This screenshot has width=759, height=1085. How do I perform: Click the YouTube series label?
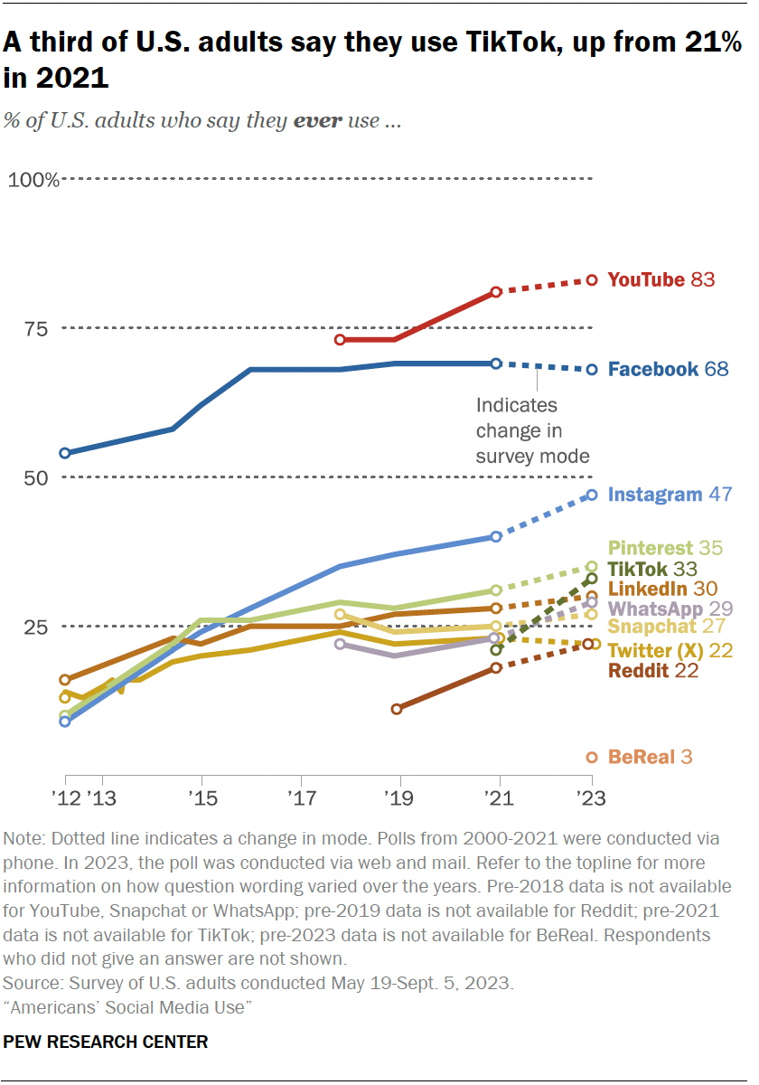click(x=646, y=280)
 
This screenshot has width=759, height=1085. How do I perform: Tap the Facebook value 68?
click(x=716, y=369)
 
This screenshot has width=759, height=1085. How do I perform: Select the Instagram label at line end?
click(x=655, y=495)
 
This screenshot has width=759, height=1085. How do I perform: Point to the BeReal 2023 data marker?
click(x=592, y=757)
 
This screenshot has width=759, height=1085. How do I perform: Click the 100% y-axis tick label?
click(x=33, y=179)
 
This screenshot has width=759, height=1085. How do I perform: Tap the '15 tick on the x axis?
click(x=201, y=798)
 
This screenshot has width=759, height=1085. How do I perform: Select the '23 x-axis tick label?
click(x=591, y=798)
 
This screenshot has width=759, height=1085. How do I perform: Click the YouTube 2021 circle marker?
click(x=496, y=292)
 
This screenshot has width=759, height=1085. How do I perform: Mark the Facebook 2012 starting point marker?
click(x=65, y=453)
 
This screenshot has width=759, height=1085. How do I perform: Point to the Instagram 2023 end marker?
click(x=592, y=495)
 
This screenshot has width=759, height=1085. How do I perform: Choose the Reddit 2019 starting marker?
click(x=397, y=709)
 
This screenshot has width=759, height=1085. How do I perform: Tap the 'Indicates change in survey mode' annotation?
click(x=532, y=430)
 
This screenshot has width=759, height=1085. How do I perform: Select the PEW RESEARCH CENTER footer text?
click(x=106, y=1042)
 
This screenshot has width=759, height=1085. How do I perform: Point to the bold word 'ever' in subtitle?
click(x=319, y=120)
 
